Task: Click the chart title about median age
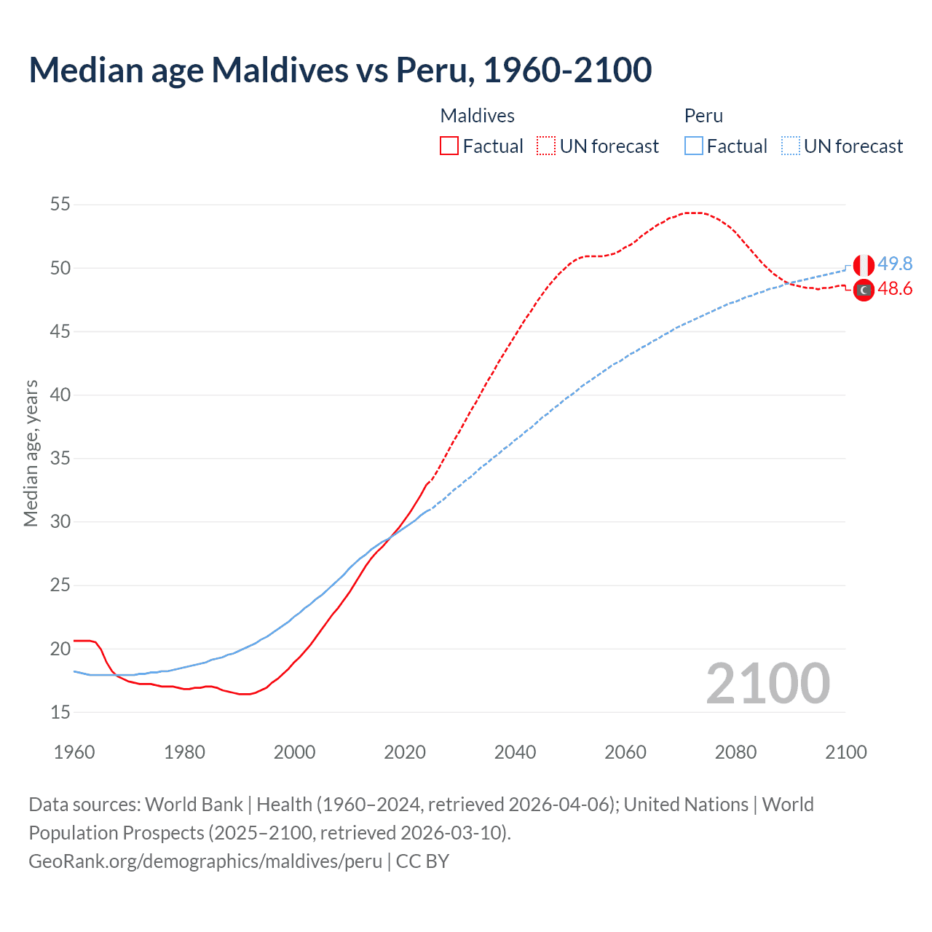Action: (340, 70)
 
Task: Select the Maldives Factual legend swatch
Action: (449, 146)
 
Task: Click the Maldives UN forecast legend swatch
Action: (546, 146)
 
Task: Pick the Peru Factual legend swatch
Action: (694, 146)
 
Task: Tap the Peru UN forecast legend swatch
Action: (791, 146)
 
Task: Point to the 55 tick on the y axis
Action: (60, 205)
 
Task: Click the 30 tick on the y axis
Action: (60, 522)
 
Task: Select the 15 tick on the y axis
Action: (60, 712)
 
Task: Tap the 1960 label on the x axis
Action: (74, 752)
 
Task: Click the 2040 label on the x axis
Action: (515, 752)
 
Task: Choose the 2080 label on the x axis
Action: (735, 752)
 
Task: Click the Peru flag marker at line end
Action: (864, 265)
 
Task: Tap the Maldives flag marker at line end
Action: (864, 290)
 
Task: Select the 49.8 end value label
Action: (895, 264)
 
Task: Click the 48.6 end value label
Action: (895, 289)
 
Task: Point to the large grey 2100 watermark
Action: (767, 684)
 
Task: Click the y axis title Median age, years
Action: (31, 453)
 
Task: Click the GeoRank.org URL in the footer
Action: (205, 861)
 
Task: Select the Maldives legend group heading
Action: (477, 116)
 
